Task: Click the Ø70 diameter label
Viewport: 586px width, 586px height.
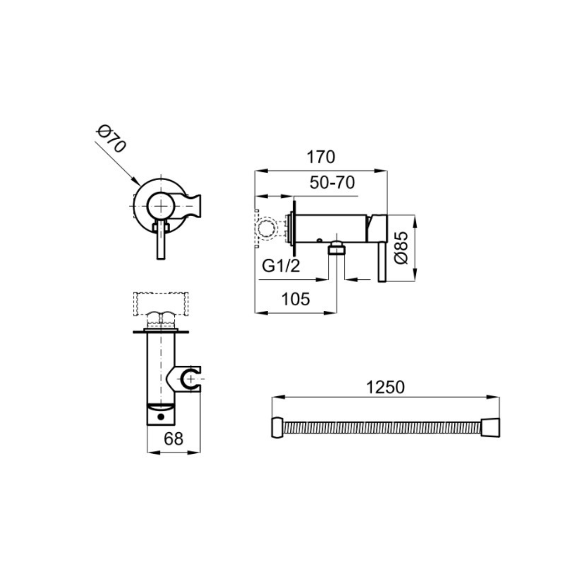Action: pos(111,139)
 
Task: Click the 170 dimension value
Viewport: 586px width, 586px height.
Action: pos(321,158)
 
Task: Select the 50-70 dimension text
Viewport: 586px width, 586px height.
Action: pos(332,183)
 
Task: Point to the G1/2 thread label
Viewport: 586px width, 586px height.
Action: pos(281,266)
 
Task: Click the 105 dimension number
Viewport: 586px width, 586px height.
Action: pos(296,299)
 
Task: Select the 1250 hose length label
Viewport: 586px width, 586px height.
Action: pos(385,387)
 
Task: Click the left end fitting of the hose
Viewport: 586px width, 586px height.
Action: pos(277,428)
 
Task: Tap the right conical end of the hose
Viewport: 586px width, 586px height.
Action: pos(490,428)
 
